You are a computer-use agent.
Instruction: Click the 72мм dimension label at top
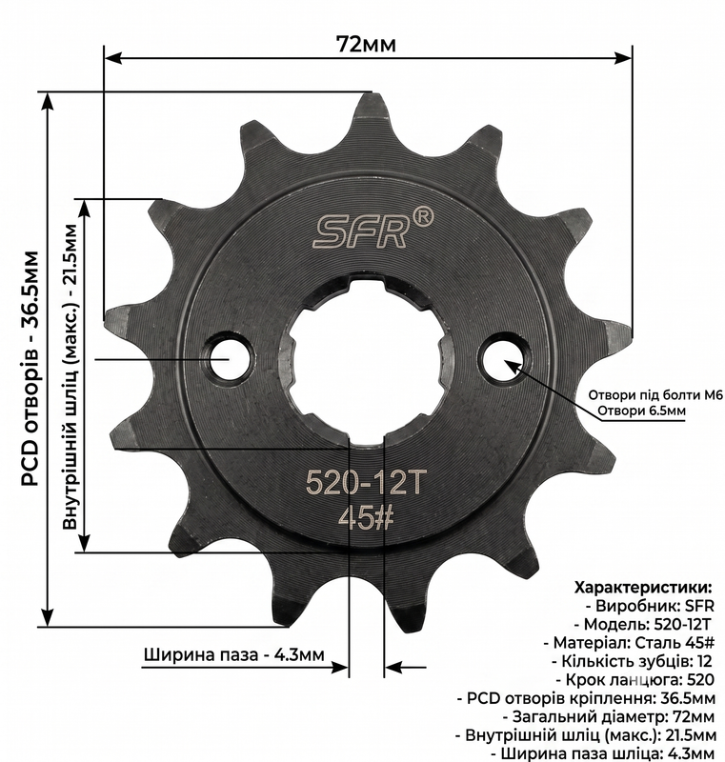click(x=366, y=44)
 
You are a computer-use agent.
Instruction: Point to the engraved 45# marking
click(x=365, y=518)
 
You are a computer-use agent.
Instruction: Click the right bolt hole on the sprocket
click(x=505, y=360)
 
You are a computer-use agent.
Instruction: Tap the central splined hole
click(x=367, y=358)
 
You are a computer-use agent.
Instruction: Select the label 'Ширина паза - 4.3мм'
click(x=234, y=654)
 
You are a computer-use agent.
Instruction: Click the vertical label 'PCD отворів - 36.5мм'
click(x=30, y=369)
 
